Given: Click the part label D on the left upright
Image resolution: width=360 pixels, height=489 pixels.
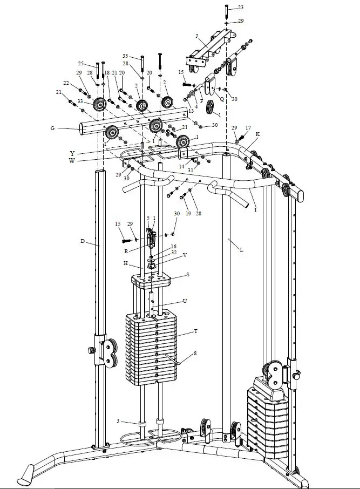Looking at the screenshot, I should pyautogui.click(x=82, y=241).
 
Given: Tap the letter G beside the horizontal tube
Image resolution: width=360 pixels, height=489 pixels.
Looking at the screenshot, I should pyautogui.click(x=52, y=128).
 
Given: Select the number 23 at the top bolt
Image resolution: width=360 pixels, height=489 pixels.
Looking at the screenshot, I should pyautogui.click(x=240, y=7).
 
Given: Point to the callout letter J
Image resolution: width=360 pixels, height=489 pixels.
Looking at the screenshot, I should pyautogui.click(x=198, y=37).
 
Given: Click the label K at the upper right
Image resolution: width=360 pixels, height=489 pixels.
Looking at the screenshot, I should pyautogui.click(x=257, y=133).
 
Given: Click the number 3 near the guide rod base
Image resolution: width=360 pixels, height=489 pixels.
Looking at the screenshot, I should pyautogui.click(x=118, y=421).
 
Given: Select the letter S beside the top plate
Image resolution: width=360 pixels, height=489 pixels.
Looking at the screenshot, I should pyautogui.click(x=187, y=275).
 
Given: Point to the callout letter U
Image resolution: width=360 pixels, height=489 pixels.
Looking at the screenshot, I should pyautogui.click(x=185, y=300).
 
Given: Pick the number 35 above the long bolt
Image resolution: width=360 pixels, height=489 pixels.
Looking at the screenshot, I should pyautogui.click(x=125, y=56).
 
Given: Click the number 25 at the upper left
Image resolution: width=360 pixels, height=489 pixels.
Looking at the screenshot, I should pyautogui.click(x=81, y=63).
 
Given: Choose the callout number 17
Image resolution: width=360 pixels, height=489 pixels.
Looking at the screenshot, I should pyautogui.click(x=248, y=128).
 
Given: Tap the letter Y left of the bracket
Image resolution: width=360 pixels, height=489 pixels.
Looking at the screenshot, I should pyautogui.click(x=72, y=153).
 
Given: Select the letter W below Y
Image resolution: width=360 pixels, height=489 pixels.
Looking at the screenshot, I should pyautogui.click(x=72, y=160).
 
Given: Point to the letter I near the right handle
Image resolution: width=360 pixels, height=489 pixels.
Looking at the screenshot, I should pyautogui.click(x=255, y=210).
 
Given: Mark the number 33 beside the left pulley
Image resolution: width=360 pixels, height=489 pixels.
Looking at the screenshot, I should pyautogui.click(x=80, y=101).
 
